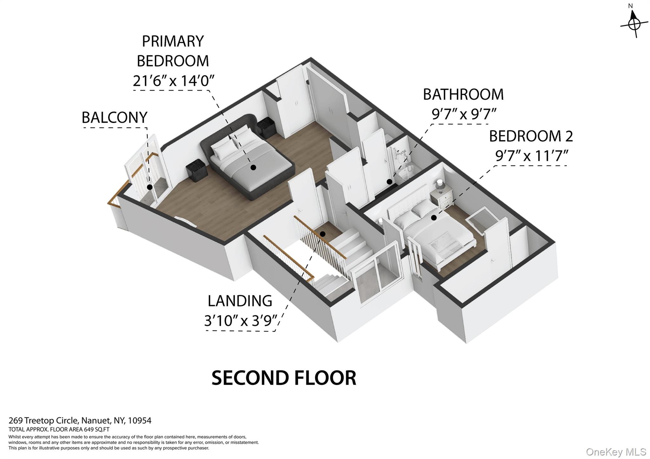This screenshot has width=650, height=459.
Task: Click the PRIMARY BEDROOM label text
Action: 173,51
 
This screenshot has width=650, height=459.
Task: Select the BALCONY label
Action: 115,117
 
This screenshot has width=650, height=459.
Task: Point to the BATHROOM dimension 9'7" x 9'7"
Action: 464,114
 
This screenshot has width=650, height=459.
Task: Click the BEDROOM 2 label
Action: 531,136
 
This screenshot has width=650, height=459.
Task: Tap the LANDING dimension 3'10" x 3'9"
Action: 241,320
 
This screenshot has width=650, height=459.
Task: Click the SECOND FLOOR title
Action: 284,378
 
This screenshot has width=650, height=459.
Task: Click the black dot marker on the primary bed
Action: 253,167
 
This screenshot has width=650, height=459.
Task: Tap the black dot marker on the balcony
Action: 150,187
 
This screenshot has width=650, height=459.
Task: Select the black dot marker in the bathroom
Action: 389,182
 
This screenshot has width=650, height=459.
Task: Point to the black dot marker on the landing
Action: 322,234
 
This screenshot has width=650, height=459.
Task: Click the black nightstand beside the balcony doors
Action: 196,170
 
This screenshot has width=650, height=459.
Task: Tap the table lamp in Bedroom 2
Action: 440,185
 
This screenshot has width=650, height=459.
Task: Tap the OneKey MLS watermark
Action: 616,452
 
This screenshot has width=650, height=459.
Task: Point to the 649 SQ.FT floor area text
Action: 96,430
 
